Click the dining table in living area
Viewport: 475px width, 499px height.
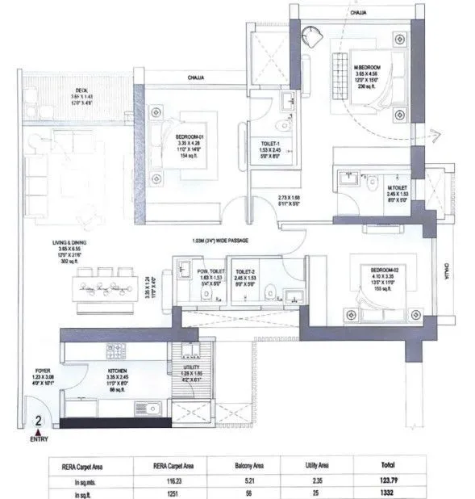tap(103, 285)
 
